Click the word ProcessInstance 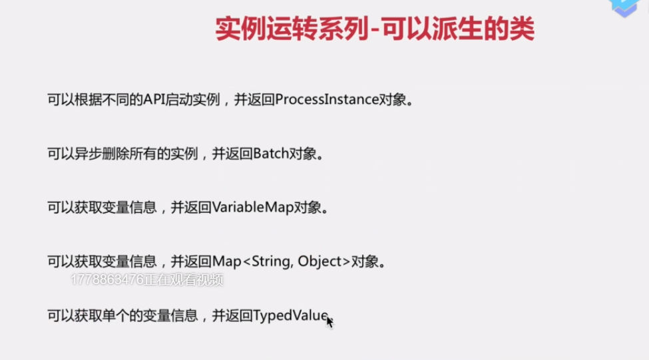coord(327,100)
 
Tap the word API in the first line coord(154,100)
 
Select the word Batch coord(271,154)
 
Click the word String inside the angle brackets coord(272,262)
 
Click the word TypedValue coord(291,315)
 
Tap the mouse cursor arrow coord(330,322)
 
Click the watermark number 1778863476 coord(107,280)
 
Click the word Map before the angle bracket coord(226,262)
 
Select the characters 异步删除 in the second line coord(102,154)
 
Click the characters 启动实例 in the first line coord(192,100)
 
